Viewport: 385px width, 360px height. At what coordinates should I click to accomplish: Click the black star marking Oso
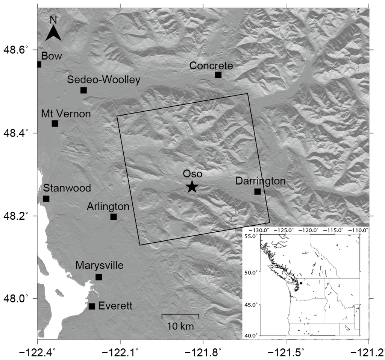(192, 186)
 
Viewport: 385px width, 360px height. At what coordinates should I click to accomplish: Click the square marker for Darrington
(258, 191)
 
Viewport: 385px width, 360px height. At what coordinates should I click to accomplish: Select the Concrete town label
(211, 65)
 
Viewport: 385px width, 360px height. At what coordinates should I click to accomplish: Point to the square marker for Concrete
(218, 75)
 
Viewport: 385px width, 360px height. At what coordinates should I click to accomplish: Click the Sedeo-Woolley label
(104, 79)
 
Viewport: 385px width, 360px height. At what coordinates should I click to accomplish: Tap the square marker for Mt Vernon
(55, 123)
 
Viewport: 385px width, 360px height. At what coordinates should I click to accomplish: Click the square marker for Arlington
(114, 217)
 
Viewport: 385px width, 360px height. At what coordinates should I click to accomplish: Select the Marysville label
(99, 266)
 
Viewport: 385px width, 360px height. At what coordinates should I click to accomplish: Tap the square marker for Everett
(92, 306)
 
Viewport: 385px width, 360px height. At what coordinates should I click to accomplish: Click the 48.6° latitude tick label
(18, 50)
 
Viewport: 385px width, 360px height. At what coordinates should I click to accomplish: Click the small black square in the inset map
(301, 283)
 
